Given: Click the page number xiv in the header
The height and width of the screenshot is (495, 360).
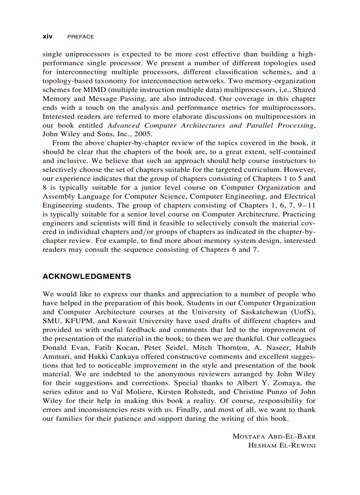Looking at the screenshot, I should (47, 37).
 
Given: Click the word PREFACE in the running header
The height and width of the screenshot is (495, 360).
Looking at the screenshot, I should (80, 37).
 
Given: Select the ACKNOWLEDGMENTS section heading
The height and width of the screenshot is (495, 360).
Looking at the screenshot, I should (86, 276).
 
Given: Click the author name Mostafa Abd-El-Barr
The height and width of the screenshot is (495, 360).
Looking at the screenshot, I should (274, 436).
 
